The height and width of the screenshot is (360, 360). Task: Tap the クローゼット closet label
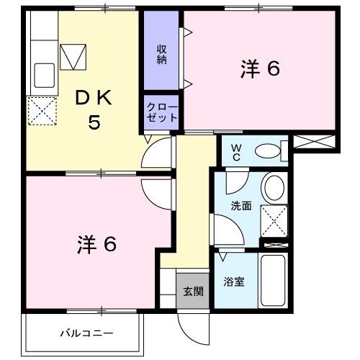pyautogui.click(x=162, y=112)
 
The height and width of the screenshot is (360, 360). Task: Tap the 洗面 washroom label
pyautogui.click(x=240, y=206)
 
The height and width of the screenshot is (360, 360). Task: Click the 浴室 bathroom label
pyautogui.click(x=235, y=282)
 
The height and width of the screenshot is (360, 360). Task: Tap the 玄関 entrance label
pyautogui.click(x=192, y=291)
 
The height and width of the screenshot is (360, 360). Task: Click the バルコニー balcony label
pyautogui.click(x=86, y=333)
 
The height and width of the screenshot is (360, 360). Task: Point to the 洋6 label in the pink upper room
pyautogui.click(x=259, y=69)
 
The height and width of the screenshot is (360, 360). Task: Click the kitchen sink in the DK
pyautogui.click(x=44, y=74)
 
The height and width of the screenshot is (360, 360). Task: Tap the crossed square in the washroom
pyautogui.click(x=274, y=221)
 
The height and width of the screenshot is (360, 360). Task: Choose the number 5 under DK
pyautogui.click(x=94, y=122)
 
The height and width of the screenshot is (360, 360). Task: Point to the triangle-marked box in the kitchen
pyautogui.click(x=73, y=55)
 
